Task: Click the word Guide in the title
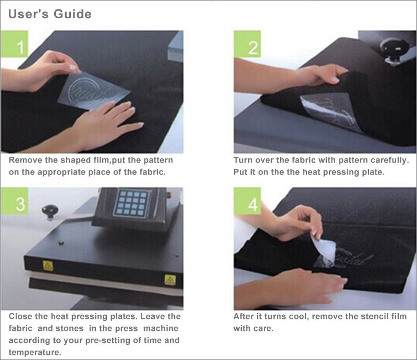[x=72, y=14]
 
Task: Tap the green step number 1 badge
[x=15, y=44]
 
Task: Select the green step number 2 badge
[x=247, y=44]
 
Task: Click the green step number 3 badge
[x=15, y=201]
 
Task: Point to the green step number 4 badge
[x=247, y=201]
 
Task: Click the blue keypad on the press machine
[x=132, y=203]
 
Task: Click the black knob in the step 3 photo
[x=50, y=212]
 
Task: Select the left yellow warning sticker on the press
[x=48, y=266]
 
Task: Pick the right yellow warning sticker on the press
[x=170, y=280]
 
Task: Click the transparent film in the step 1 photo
[x=94, y=91]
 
